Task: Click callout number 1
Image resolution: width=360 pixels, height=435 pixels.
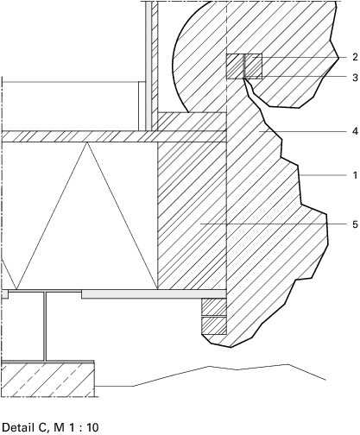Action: coord(355,175)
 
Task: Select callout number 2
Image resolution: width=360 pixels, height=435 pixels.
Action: coord(355,57)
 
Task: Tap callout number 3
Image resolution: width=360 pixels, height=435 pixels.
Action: coord(355,78)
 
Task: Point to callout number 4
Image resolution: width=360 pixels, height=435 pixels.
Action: coord(355,131)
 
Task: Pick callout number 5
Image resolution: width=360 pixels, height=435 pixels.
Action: coord(355,224)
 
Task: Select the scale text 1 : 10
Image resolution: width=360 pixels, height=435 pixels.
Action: coord(84,427)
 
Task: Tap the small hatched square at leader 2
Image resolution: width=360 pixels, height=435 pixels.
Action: coord(244,66)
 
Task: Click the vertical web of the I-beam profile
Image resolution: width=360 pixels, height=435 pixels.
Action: coord(45,326)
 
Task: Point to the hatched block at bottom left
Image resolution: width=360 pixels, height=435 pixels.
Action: coord(48,380)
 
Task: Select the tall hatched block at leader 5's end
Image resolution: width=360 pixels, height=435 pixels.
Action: coord(192,216)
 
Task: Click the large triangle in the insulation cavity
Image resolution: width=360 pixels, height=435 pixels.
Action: coord(87,216)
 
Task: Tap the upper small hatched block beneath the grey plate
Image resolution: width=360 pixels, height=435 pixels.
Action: coord(214,307)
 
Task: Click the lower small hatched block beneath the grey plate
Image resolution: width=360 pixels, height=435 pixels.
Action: coord(214,325)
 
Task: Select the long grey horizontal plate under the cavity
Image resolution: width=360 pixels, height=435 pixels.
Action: coord(154,294)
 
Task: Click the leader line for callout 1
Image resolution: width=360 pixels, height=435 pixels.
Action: coord(322,175)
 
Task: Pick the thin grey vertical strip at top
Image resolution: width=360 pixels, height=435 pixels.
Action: coord(148,66)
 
